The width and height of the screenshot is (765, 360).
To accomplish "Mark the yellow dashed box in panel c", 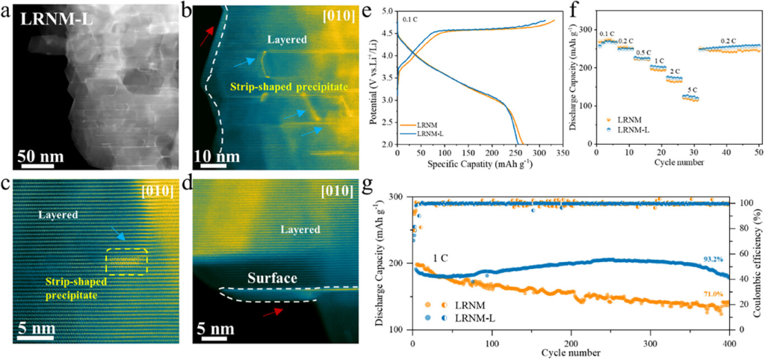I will coord(128,259).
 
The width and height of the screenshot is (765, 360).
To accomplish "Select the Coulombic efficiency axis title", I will coord(758,265).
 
